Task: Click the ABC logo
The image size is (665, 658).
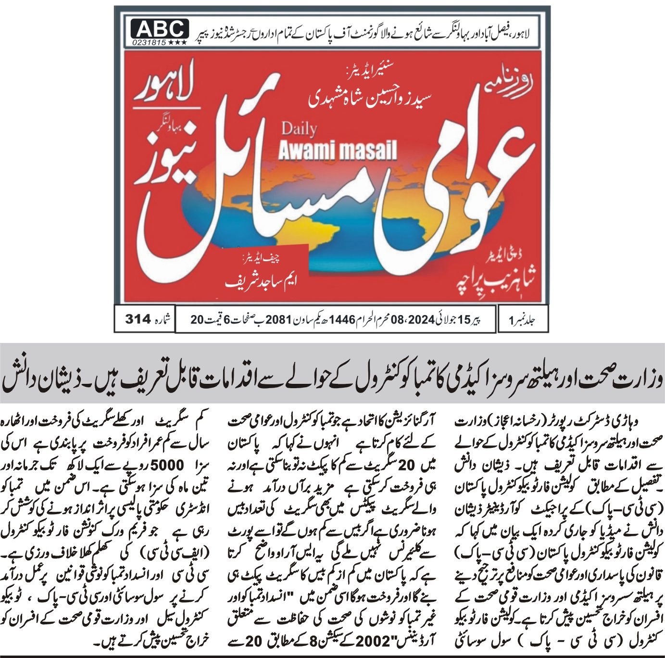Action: [159, 29]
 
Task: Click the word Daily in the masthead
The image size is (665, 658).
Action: [299, 129]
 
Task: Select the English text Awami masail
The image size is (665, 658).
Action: [338, 151]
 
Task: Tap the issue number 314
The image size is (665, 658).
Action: [138, 319]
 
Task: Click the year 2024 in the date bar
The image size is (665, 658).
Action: [421, 319]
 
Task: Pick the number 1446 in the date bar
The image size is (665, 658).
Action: [341, 319]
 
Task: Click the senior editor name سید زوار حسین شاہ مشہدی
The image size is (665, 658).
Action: [370, 98]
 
